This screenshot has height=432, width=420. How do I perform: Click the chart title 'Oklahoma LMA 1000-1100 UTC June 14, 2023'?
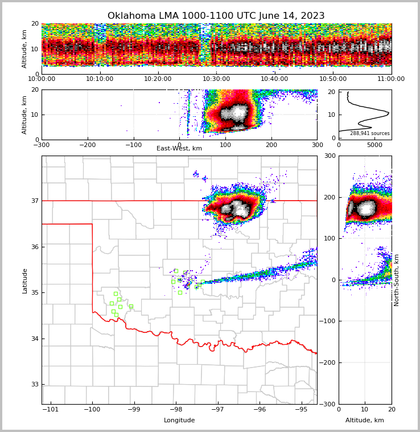[216, 16]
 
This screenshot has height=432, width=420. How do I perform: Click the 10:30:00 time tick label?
[216, 79]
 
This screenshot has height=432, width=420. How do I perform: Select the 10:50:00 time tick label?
[333, 79]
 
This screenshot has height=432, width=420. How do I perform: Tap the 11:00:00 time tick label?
[391, 79]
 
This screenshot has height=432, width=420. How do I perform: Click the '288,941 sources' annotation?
[369, 133]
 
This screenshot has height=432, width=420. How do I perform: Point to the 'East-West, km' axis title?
[179, 149]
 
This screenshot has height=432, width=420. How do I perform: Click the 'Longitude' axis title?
[179, 421]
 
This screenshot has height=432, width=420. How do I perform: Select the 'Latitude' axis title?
[25, 280]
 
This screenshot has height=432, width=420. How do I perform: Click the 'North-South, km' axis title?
[397, 280]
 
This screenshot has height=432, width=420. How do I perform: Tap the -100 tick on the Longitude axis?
[92, 409]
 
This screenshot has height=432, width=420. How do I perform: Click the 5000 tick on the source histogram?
[374, 145]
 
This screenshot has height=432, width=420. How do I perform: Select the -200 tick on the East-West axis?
[87, 145]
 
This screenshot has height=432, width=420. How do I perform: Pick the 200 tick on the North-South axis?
[330, 197]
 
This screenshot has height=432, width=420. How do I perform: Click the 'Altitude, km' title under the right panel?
[365, 421]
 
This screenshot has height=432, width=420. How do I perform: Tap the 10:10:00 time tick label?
[100, 79]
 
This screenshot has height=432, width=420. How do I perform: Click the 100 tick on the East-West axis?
[225, 145]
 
